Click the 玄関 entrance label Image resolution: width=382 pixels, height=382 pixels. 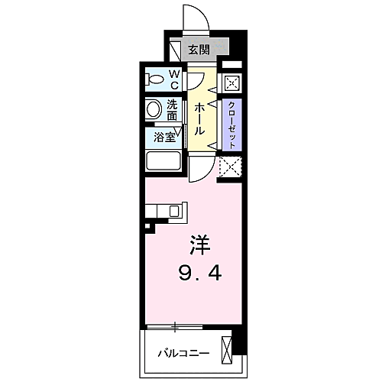tap(200, 50)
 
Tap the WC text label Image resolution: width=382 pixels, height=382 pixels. tap(174, 79)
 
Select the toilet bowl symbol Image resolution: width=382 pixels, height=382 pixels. tap(155, 79)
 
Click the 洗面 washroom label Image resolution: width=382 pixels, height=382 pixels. tap(173, 112)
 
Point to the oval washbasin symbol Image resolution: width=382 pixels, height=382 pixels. tap(153, 110)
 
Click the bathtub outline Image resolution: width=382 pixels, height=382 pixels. tap(162, 163)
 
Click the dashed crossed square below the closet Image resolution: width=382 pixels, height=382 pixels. tap(229, 167)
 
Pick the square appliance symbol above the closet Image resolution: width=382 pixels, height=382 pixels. tap(231, 83)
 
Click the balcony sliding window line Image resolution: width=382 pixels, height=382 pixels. tap(176, 328)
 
